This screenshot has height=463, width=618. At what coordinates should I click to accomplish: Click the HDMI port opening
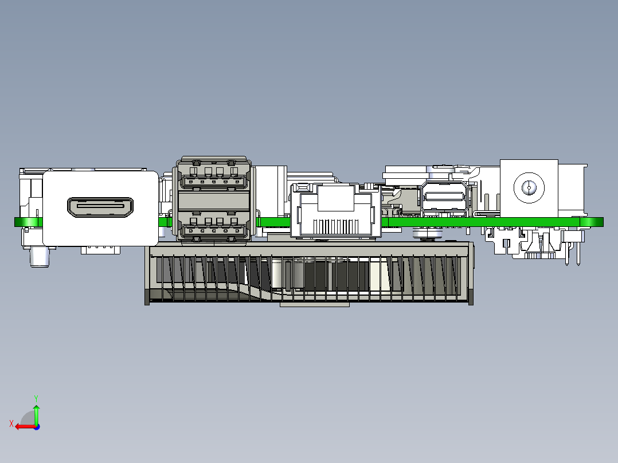[x=100, y=207]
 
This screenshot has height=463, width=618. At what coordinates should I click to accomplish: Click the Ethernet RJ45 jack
[x=335, y=211]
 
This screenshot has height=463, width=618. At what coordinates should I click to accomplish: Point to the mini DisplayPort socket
[x=445, y=198]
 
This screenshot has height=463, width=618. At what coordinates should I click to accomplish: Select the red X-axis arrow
[x=24, y=426]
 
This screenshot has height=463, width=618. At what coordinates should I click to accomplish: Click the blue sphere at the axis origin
[x=36, y=426]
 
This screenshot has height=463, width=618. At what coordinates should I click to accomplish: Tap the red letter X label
[x=11, y=424]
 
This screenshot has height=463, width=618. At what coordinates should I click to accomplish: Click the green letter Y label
[x=36, y=397]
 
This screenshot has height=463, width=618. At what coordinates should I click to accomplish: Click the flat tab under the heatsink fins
[x=314, y=304]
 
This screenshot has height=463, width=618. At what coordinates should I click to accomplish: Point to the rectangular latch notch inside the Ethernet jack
[x=335, y=198]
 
